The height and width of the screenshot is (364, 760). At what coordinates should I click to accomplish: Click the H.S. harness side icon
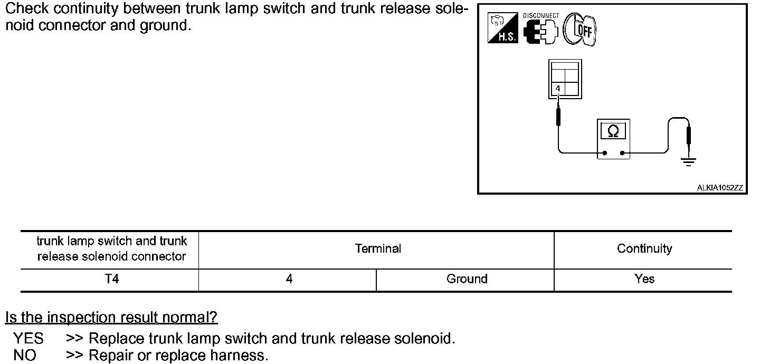tap(503, 29)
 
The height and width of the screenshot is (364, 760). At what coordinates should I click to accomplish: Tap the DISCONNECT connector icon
tap(540, 29)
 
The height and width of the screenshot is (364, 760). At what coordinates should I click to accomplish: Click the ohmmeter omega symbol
tap(613, 131)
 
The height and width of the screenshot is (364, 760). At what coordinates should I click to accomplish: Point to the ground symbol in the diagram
tap(688, 161)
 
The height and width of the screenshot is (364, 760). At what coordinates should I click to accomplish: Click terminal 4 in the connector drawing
tap(558, 89)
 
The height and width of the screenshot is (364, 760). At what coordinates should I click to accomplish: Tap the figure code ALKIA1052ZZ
tap(720, 188)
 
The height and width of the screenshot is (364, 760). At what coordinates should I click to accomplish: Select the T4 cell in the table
tap(112, 279)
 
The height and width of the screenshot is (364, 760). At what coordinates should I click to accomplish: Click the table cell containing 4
tap(289, 279)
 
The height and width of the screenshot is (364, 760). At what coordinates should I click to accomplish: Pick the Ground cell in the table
tap(467, 279)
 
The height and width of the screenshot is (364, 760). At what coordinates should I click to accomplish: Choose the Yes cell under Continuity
tap(644, 279)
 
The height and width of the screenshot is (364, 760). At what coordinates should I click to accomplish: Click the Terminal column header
tap(378, 248)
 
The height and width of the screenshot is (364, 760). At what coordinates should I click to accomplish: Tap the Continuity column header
tap(644, 248)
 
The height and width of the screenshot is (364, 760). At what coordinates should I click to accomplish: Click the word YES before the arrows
tap(28, 338)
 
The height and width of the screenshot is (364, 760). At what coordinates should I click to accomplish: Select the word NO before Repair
tap(25, 356)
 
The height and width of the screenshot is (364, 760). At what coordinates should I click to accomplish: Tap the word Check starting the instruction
tap(27, 9)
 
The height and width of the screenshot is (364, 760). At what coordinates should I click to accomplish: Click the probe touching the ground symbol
tap(688, 136)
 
